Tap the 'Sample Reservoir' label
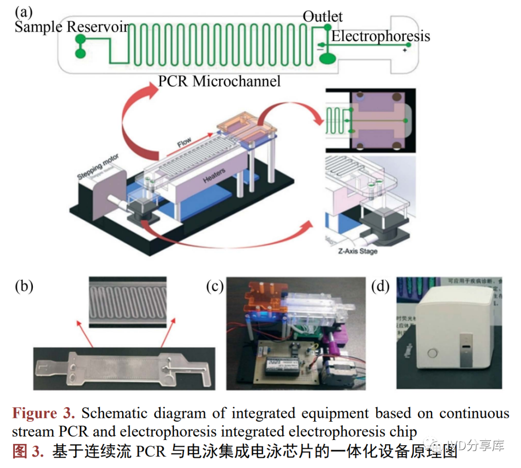[72, 27]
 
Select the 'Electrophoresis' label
[380, 36]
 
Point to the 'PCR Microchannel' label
[219, 81]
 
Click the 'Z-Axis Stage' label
[357, 251]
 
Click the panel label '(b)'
[24, 287]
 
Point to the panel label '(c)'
[215, 287]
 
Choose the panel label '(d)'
[380, 287]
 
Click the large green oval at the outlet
[328, 58]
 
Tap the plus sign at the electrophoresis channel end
[404, 50]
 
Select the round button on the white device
[432, 353]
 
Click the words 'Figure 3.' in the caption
[43, 413]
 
